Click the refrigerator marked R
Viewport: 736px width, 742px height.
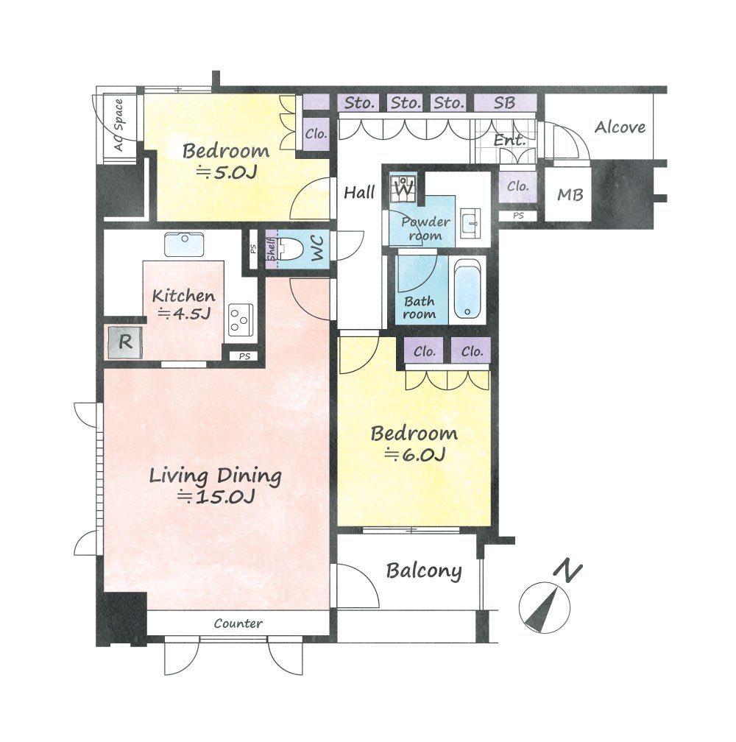pyautogui.click(x=125, y=342)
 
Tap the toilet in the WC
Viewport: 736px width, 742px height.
pyautogui.click(x=290, y=249)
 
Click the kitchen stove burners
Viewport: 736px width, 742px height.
pyautogui.click(x=240, y=319)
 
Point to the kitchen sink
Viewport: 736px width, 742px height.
pyautogui.click(x=185, y=244)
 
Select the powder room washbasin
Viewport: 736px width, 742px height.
pyautogui.click(x=470, y=222)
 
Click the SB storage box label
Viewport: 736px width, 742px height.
pyautogui.click(x=504, y=103)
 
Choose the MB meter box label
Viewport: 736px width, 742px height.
pyautogui.click(x=570, y=194)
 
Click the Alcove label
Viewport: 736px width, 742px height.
pyautogui.click(x=620, y=127)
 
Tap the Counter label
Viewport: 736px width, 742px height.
pyautogui.click(x=238, y=623)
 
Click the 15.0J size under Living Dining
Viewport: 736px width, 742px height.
pyautogui.click(x=216, y=497)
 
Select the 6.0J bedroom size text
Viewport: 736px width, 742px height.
pyautogui.click(x=415, y=455)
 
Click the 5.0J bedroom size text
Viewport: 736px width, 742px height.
pyautogui.click(x=227, y=172)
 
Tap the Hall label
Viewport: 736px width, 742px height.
pyautogui.click(x=359, y=192)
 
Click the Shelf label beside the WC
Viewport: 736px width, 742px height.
pyautogui.click(x=272, y=250)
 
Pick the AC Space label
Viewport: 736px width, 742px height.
pyautogui.click(x=118, y=125)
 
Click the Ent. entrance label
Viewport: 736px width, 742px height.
pyautogui.click(x=509, y=140)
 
